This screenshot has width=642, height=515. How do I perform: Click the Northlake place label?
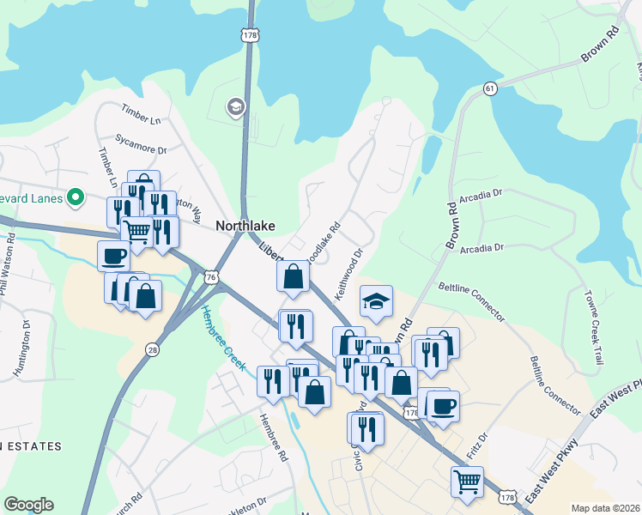pos(245,226)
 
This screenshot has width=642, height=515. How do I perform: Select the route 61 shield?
pos(490,88)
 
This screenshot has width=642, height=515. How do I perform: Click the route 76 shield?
pos(211,277)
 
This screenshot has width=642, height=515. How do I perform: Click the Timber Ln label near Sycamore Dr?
pos(142,117)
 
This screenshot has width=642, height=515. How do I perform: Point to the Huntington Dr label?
pos(22,348)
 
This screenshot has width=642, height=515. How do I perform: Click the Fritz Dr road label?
pos(477,445)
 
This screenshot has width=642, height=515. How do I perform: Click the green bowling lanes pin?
pos(76,198)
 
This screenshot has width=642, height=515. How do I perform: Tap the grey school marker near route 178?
pos(233,107)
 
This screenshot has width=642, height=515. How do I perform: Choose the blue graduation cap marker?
pos(376,301)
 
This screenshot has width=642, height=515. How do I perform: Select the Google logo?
pos(28,505)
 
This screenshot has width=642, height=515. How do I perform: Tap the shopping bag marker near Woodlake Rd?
pos(294,276)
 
